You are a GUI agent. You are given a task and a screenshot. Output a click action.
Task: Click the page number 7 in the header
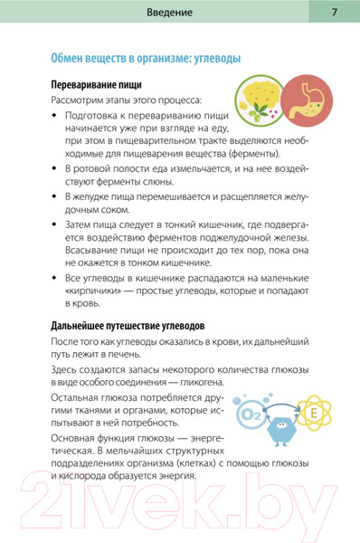click(x=334, y=13)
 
